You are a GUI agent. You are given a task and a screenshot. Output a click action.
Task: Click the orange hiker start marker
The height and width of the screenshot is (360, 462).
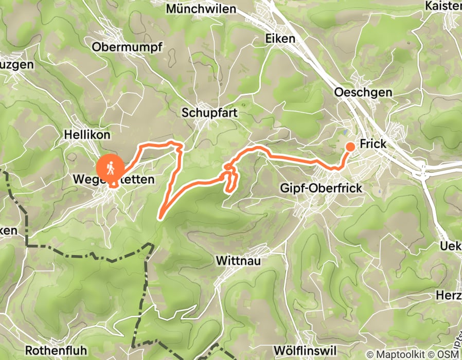coord(111,168)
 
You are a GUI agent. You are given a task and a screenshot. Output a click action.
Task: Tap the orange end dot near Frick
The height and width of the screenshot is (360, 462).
coord(350,147)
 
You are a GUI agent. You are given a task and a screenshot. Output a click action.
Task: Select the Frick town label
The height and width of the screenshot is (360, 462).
coord(373,145)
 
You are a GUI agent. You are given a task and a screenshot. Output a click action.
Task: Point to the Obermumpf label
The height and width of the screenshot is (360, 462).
coord(127,47)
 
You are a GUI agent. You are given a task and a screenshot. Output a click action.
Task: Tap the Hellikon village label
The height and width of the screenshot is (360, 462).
coord(87,135)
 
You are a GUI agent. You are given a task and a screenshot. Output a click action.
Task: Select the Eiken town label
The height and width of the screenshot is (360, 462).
coord(280,39)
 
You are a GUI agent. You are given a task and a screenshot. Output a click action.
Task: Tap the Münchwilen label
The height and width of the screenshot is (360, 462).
coord(201,9)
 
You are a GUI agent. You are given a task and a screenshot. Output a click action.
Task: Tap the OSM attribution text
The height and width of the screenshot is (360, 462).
coord(449,354)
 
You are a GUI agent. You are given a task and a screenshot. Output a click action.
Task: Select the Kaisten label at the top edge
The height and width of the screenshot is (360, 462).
coord(444,6)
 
